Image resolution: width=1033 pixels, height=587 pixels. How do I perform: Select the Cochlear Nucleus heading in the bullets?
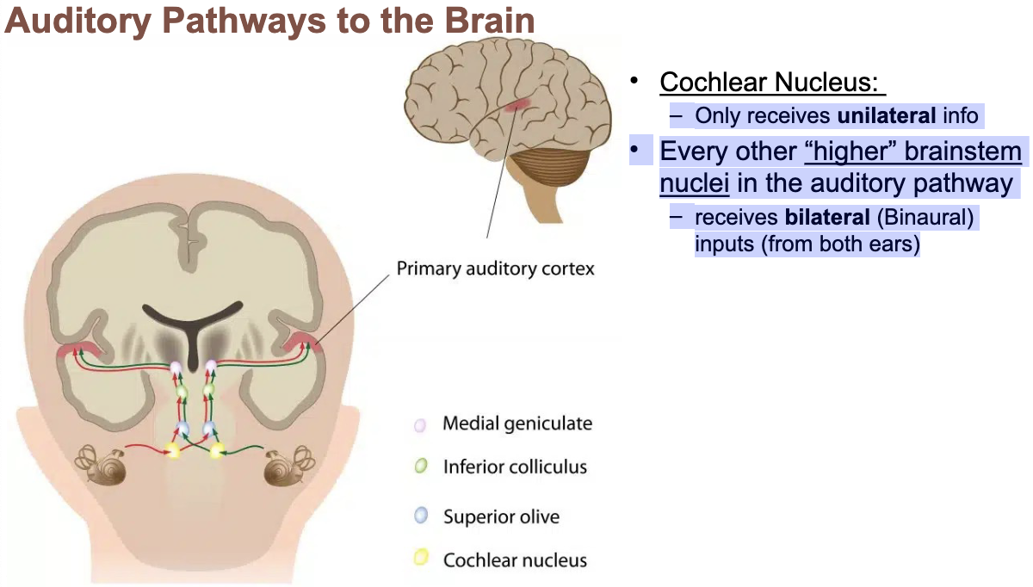click(x=771, y=83)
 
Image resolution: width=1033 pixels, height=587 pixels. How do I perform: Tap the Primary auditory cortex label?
click(x=495, y=269)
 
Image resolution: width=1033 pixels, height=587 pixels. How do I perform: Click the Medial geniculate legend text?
click(x=516, y=423)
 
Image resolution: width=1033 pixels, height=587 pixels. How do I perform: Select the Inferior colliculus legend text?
click(x=515, y=467)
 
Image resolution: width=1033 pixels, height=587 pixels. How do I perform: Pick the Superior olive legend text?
click(x=501, y=517)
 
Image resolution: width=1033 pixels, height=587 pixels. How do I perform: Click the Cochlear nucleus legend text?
click(x=515, y=560)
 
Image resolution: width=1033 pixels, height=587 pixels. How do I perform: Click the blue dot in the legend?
click(x=420, y=516)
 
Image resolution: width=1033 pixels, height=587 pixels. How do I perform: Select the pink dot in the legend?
click(x=420, y=424)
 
